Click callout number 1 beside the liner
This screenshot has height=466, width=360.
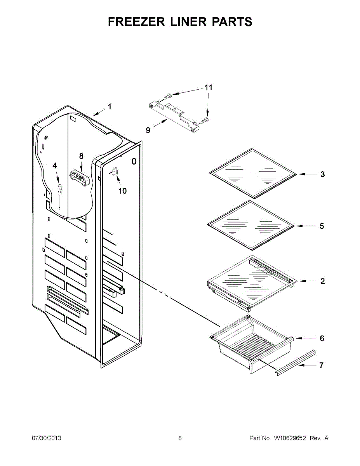click(110, 106)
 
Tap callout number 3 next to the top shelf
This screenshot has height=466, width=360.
click(322, 174)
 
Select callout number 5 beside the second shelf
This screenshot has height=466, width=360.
click(322, 226)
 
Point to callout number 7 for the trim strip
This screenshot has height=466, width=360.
click(321, 365)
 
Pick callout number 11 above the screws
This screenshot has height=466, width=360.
click(209, 88)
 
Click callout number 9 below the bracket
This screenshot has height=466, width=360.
click(148, 130)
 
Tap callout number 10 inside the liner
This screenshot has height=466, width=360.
click(122, 191)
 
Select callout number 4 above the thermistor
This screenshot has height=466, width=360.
click(55, 165)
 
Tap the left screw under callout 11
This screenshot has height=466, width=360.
click(167, 96)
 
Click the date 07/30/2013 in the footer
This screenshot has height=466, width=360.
click(46, 438)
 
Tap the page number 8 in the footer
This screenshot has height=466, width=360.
click(180, 438)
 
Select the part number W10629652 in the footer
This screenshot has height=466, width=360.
click(290, 438)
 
